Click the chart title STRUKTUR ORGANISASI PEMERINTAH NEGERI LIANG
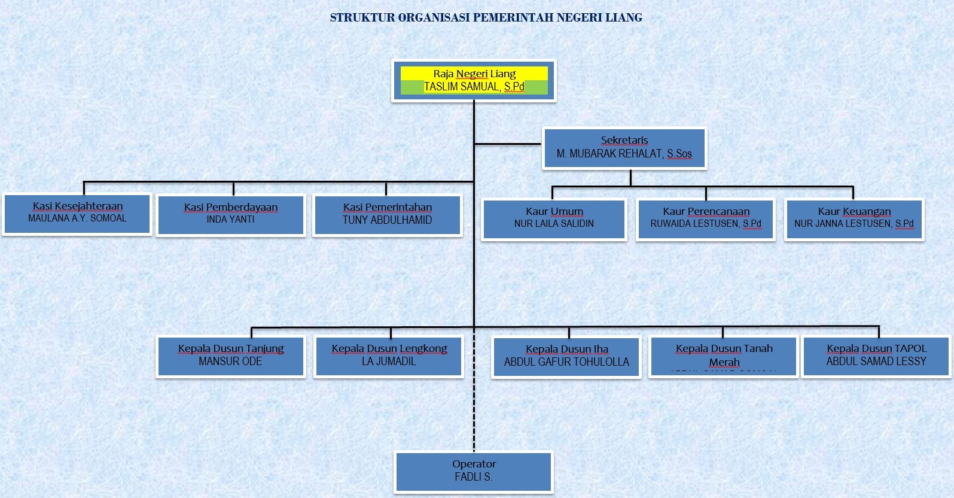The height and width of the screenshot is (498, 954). coord(486,17)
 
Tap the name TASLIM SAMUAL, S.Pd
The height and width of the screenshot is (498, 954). coord(474,87)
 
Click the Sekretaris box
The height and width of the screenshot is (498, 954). coord(624,148)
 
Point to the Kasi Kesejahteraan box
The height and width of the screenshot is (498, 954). coord(77,214)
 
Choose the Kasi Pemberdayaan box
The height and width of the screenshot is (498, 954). coord(230,215)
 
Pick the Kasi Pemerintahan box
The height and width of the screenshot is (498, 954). coord(387,215)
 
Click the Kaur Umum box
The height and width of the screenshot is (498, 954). coord(554,219)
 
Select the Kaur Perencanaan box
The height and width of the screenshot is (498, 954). coord(706,219)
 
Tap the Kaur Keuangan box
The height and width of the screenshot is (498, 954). coord(854,219)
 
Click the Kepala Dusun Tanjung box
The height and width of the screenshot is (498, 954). coord(230,356)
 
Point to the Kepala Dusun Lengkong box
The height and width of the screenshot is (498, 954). coord(389,356)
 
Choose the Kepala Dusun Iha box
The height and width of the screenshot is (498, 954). coord(566,357)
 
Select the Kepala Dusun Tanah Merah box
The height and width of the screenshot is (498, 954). coord(724,357)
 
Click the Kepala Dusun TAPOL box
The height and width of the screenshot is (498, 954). coord(876,356)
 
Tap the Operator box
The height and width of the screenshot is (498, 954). coord(474,472)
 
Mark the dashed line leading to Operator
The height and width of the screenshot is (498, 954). coord(474,413)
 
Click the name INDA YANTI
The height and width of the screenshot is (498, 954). coord(230,220)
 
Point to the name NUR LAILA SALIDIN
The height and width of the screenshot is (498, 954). coord(554,224)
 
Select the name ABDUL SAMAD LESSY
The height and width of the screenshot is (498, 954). coord(876,362)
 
